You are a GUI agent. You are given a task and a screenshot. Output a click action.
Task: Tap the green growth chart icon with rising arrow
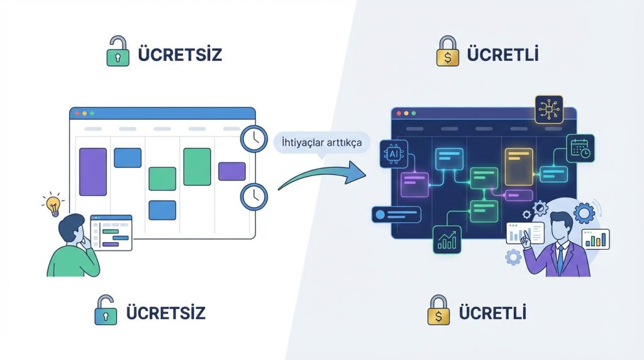pos(448,240)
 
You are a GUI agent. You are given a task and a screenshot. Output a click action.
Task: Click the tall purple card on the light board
pos(92,172)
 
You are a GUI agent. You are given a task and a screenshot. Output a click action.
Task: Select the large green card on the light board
pos(197,167)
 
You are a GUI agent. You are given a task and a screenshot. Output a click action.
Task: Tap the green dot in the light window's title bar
pos(92,113)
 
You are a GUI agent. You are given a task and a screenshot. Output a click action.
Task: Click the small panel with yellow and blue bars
pos(596,239)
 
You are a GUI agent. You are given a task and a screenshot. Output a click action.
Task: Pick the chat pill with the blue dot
pos(397,215)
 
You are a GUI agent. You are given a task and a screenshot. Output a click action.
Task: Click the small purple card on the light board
pos(231,171)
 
